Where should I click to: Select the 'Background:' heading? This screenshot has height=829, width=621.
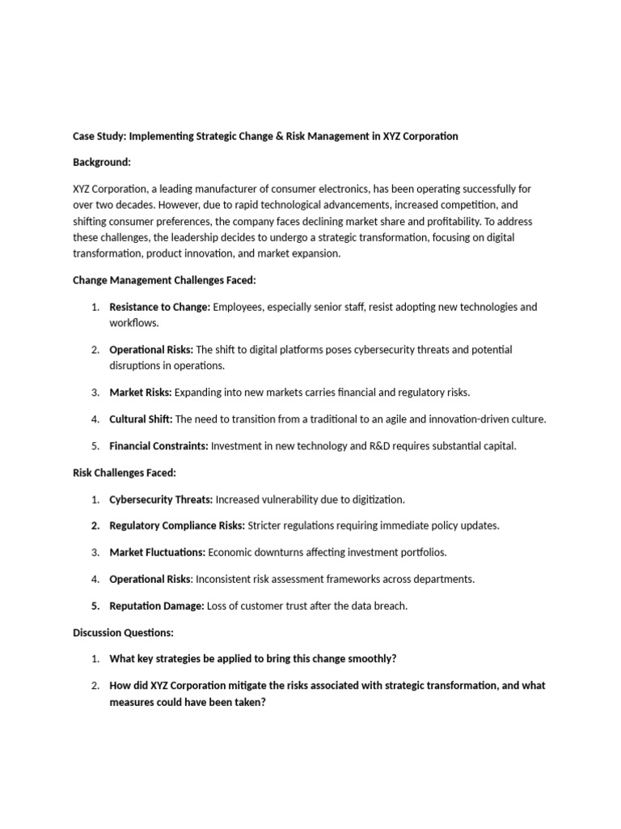point(101,162)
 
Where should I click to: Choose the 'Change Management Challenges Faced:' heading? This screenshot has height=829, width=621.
point(164,280)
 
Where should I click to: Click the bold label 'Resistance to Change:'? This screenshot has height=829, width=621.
point(159,307)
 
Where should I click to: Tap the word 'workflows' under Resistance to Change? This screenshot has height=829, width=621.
point(133,322)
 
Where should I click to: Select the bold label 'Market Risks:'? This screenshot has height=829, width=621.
point(140,392)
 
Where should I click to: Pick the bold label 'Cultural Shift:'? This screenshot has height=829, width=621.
point(142,419)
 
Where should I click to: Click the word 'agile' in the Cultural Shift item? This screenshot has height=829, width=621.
point(413,419)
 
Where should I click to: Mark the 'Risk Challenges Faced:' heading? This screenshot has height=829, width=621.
point(125,472)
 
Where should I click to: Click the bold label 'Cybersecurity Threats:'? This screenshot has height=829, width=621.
point(161,499)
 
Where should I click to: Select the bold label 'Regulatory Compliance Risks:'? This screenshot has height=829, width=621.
point(177,525)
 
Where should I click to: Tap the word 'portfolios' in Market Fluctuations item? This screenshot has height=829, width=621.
point(420,552)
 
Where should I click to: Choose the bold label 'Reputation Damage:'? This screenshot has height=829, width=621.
point(157,606)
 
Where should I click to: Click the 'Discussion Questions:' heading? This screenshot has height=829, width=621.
point(123,632)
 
